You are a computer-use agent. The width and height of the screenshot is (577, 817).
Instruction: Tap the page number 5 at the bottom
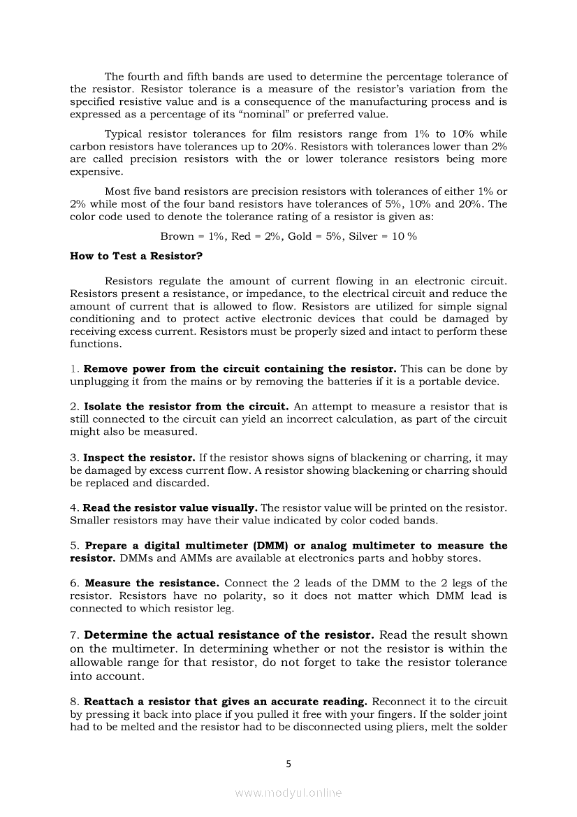pos(288,764)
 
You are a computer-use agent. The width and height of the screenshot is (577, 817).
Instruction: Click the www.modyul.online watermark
pos(288,793)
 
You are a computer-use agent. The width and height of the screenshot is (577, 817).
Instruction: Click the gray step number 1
pos(73,369)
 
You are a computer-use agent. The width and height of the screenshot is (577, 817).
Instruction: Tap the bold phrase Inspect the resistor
pos(138,458)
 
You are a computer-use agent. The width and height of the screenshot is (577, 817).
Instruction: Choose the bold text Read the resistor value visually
pos(170,508)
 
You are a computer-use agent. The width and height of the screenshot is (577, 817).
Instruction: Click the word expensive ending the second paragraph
pos(96,172)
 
